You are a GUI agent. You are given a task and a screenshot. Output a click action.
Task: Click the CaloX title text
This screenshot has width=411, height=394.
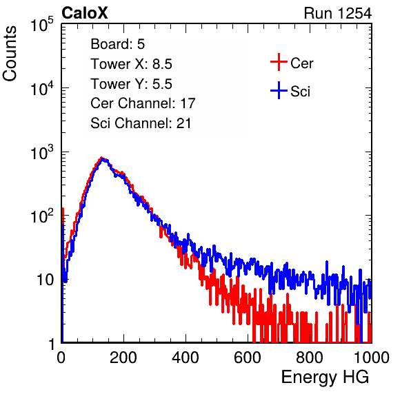[85, 13]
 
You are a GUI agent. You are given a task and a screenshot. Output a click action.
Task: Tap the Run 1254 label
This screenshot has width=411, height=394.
[338, 13]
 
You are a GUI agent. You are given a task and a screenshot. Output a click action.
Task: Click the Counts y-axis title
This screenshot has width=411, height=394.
[10, 54]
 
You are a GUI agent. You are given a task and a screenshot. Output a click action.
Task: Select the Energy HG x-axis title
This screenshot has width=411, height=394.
[325, 377]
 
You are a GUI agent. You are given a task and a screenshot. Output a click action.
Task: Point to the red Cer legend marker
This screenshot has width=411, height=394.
[279, 62]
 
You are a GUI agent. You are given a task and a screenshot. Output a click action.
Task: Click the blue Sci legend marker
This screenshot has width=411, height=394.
[279, 91]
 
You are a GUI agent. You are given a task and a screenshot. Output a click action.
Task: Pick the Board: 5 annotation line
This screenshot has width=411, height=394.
[118, 44]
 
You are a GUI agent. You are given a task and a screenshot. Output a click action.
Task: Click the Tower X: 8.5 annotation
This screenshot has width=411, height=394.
[131, 64]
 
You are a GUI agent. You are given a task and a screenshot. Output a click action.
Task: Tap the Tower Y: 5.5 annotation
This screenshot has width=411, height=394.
[131, 84]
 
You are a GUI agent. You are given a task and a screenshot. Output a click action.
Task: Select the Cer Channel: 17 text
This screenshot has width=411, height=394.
[143, 103]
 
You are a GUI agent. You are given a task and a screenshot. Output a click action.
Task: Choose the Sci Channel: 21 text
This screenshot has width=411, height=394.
[141, 123]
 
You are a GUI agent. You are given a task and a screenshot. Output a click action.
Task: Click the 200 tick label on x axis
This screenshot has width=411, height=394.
[123, 357]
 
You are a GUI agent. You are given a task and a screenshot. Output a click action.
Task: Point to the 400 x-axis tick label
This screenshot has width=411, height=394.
[186, 357]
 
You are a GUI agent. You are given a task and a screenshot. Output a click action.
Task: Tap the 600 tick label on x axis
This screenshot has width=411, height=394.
[248, 357]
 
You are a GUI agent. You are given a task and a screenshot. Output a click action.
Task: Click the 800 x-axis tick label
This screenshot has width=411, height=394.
[310, 357]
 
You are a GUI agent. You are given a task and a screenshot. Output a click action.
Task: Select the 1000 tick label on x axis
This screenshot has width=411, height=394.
[372, 357]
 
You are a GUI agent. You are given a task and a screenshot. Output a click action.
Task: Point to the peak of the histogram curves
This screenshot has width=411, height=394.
[102, 158]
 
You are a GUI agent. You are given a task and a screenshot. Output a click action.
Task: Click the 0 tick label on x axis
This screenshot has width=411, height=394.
[61, 357]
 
